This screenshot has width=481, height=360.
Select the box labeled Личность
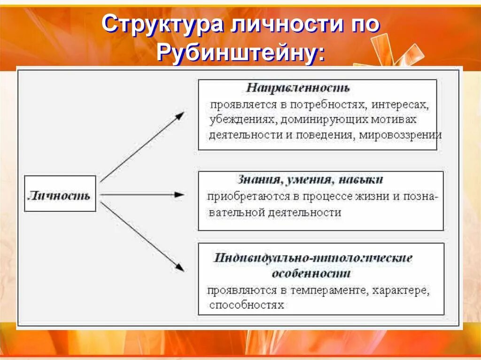pos(60,194)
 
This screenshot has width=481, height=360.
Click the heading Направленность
pos(298,88)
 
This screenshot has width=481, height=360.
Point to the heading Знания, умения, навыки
pos(310,179)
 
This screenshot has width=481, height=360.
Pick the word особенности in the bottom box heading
pos(311,273)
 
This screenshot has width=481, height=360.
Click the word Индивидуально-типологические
pos(313,258)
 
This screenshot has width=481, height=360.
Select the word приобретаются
pos(239,196)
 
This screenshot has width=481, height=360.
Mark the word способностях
pos(247,306)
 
